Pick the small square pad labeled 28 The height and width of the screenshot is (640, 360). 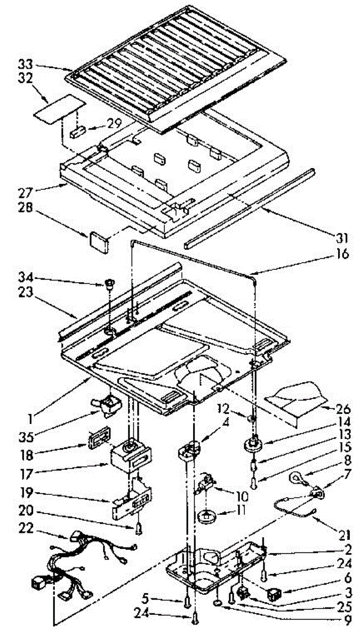[x=98, y=238]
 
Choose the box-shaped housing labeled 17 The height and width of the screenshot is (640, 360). [x=129, y=458]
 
